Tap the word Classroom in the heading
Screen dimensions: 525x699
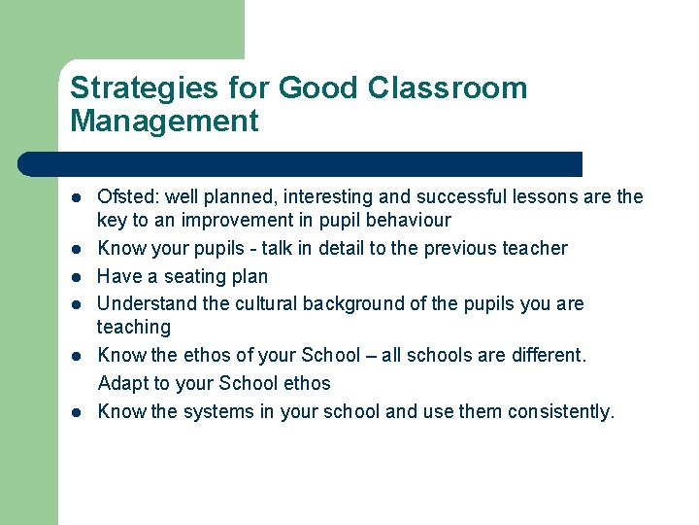pos(448,88)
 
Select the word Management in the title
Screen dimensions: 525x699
pos(164,122)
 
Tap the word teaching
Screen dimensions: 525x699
pos(134,328)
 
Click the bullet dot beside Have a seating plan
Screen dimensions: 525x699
pos(76,277)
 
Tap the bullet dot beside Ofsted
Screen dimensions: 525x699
pos(76,198)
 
